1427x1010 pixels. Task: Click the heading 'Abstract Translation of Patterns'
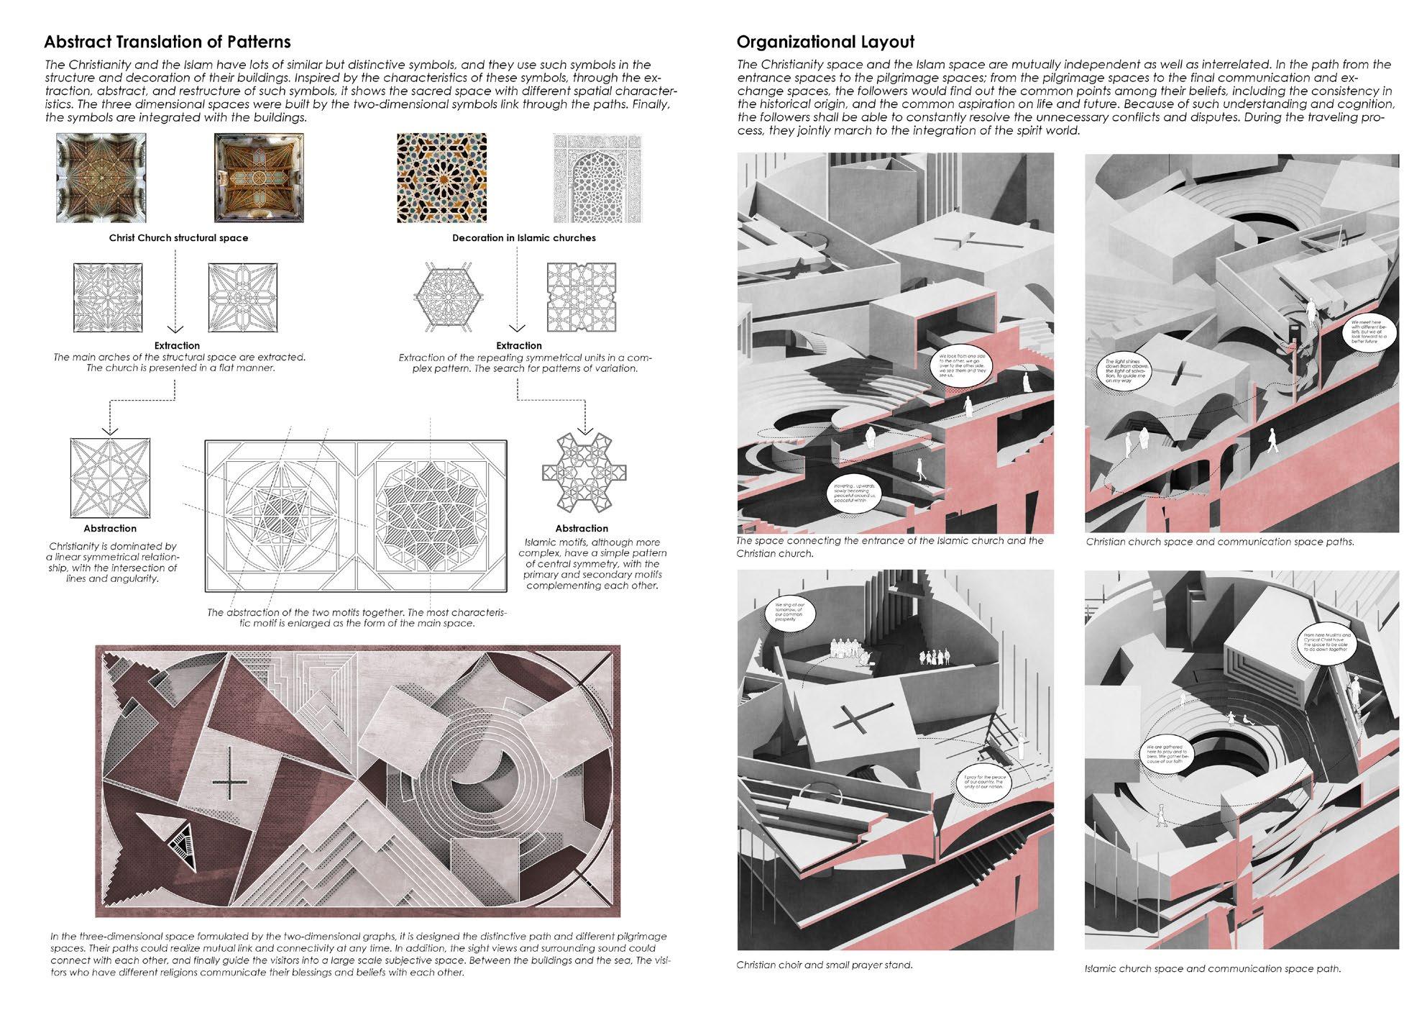(x=168, y=41)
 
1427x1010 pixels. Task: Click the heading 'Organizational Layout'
(x=825, y=41)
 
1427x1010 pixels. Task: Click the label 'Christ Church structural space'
(x=178, y=238)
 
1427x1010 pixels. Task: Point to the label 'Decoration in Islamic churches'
(x=523, y=238)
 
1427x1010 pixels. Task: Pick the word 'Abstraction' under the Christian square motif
(x=110, y=529)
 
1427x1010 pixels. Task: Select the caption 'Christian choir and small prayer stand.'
(x=824, y=965)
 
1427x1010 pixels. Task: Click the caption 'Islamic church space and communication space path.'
(x=1213, y=968)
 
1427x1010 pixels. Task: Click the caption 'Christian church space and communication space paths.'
(x=1220, y=542)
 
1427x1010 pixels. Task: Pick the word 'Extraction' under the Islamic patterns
(x=518, y=346)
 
